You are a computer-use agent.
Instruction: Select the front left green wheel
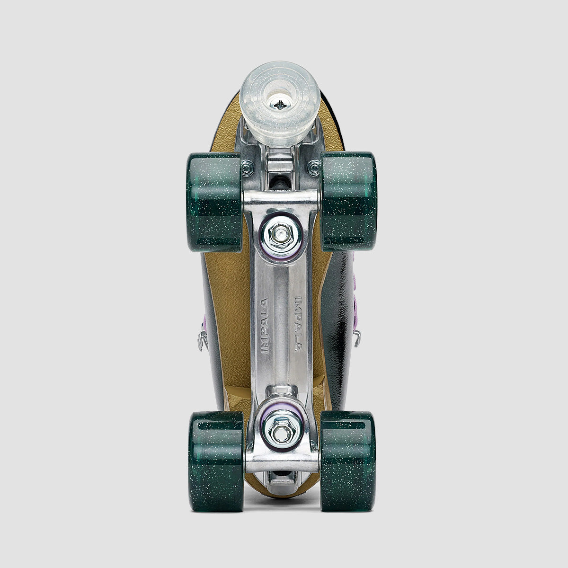(x=215, y=202)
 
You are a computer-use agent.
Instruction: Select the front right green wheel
(x=349, y=201)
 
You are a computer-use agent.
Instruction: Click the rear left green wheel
(x=216, y=461)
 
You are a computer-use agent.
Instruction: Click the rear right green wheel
(x=348, y=461)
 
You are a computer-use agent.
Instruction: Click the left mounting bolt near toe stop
(x=247, y=167)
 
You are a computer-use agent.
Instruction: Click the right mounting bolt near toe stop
(x=314, y=167)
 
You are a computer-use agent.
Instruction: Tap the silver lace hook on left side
(x=203, y=340)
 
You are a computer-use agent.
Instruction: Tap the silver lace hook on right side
(x=357, y=337)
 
